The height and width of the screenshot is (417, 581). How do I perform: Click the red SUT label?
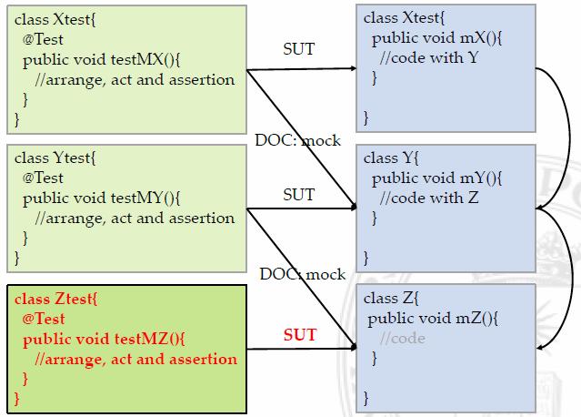click(x=299, y=335)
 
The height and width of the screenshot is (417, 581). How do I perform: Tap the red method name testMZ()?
click(x=149, y=339)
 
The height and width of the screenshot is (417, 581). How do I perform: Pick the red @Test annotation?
click(x=44, y=319)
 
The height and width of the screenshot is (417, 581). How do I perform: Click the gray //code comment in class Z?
click(x=403, y=338)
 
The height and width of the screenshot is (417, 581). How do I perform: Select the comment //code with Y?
click(x=427, y=56)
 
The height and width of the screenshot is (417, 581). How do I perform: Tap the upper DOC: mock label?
click(x=297, y=140)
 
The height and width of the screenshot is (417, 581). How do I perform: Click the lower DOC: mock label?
click(x=302, y=274)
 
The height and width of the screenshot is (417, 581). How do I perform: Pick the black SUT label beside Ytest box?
click(x=299, y=194)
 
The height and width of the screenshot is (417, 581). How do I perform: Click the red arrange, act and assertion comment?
click(x=130, y=359)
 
